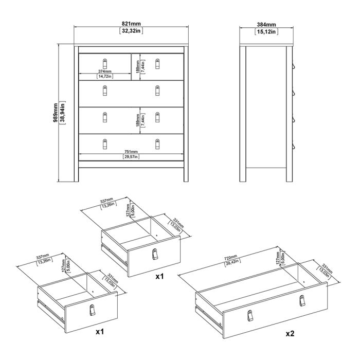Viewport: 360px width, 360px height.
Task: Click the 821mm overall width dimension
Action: (131, 24)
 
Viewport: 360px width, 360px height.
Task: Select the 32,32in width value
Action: (131, 31)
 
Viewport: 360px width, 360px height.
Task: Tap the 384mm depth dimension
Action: (267, 24)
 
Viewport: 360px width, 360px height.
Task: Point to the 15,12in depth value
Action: (267, 31)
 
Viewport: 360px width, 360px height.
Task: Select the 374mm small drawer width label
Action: (105, 71)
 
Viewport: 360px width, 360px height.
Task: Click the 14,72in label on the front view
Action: (105, 77)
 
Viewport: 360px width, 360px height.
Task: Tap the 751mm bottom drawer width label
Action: (131, 152)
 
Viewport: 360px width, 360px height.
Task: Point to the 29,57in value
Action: (131, 157)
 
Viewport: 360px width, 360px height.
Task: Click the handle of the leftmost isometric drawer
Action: (93, 310)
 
